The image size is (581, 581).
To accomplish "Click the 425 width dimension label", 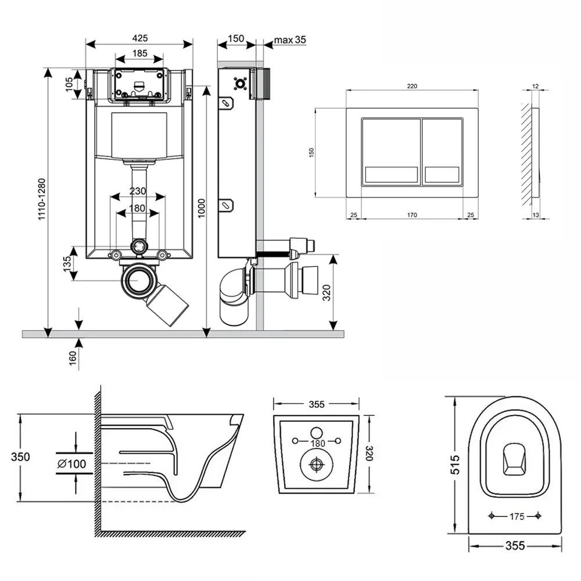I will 139,38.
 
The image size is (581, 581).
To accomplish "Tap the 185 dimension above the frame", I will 139,53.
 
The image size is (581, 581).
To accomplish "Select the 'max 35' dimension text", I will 290,40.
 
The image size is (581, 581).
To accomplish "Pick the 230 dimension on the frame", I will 138,191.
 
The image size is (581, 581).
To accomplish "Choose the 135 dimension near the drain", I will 67,262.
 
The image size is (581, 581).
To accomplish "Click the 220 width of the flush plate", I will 411,86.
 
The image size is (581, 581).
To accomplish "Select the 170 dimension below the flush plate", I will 411,215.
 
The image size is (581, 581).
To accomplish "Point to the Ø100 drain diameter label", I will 72,464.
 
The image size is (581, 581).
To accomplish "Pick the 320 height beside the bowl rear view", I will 368,452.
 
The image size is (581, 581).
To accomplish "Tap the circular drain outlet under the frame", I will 139,280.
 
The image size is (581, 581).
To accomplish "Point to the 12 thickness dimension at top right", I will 535,87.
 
